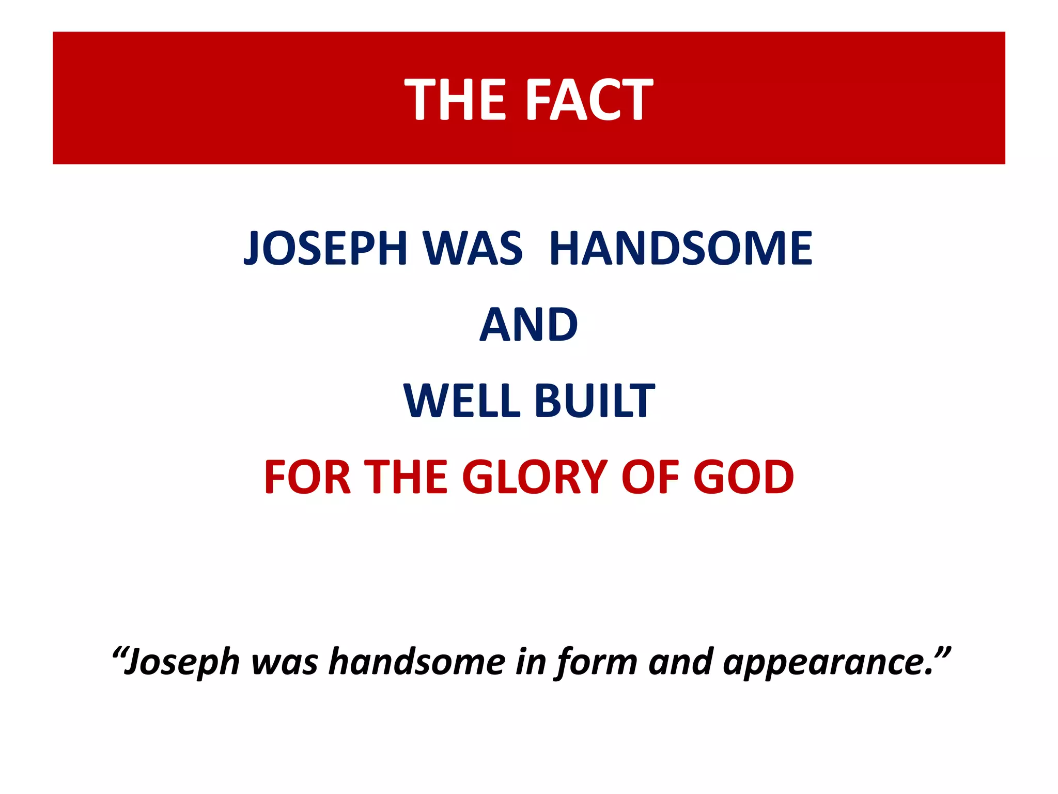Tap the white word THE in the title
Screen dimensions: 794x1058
coord(455,99)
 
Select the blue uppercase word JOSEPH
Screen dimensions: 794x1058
coord(326,248)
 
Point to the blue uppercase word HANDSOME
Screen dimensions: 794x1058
coord(681,248)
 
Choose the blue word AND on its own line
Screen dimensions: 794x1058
coord(528,325)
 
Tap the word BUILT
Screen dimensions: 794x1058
coord(594,401)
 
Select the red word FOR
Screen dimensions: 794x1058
coord(308,477)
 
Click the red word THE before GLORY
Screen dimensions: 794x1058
coord(406,477)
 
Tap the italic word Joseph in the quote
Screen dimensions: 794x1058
coord(183,662)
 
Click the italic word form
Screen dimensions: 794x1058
coord(597,662)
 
